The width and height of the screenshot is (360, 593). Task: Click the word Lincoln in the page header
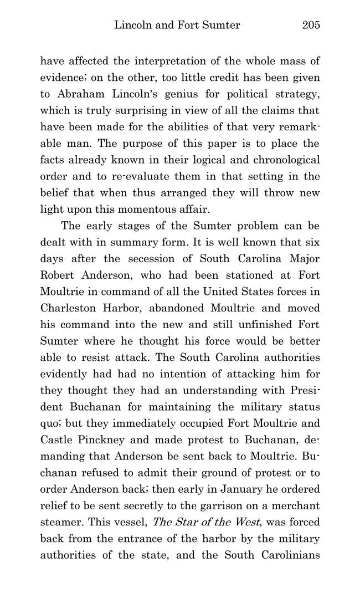point(132,25)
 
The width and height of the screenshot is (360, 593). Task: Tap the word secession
point(153,258)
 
